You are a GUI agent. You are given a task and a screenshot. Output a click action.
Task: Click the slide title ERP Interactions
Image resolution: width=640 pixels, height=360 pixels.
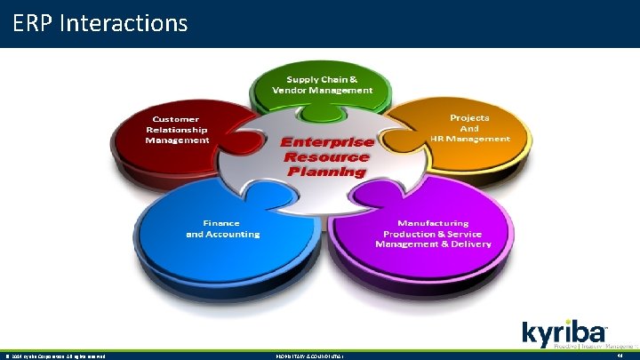coord(100,22)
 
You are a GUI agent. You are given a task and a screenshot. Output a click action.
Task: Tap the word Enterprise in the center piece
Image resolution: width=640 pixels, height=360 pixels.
coord(326,142)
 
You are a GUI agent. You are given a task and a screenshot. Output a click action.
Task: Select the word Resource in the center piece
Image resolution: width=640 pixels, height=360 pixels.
coord(326,156)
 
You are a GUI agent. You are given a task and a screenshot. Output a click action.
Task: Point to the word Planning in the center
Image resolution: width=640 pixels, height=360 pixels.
coord(326,171)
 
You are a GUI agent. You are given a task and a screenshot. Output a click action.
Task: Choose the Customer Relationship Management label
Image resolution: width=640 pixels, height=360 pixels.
coord(177,129)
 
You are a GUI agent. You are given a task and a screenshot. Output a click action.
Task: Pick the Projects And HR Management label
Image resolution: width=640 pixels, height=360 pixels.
coord(468,128)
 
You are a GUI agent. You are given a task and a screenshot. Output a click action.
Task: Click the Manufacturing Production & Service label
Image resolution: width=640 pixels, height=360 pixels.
coord(433,234)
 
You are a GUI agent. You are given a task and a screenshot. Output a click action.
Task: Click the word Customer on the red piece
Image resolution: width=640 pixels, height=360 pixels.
coord(176,119)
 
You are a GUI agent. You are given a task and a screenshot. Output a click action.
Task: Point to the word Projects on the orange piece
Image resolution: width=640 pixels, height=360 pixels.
coord(469,117)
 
